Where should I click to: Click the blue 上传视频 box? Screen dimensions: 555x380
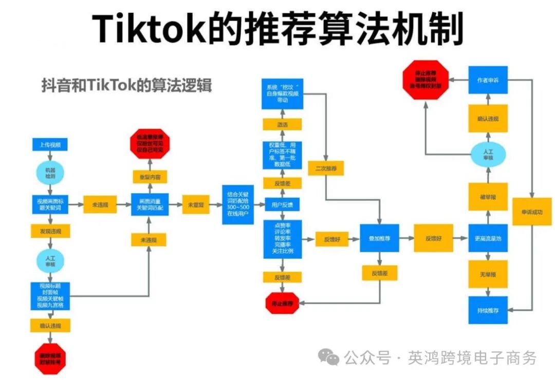(50, 145)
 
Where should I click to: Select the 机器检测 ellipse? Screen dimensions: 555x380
(50, 173)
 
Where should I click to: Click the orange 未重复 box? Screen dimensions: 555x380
(196, 204)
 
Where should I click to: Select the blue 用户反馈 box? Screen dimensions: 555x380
(282, 204)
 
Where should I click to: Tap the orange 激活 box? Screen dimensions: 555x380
(282, 124)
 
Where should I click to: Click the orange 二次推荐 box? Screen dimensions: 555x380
(326, 168)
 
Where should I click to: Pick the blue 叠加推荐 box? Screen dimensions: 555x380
(379, 238)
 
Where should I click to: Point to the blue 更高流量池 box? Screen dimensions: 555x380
(488, 238)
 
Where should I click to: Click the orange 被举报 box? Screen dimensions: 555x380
(488, 197)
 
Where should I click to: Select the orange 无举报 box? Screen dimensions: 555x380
(488, 274)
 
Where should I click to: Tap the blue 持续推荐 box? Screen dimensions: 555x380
(488, 310)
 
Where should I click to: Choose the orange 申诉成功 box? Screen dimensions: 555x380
(531, 212)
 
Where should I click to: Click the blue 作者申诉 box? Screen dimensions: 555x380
(488, 81)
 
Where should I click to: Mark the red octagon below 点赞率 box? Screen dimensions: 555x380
(282, 303)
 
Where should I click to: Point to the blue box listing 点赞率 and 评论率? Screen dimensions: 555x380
(282, 239)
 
